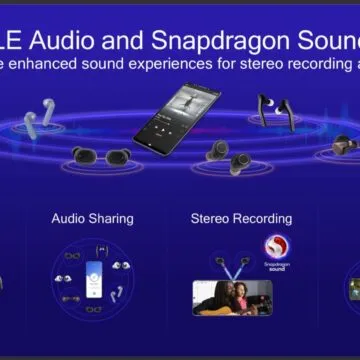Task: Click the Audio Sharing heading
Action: (93, 218)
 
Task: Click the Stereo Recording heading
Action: (240, 218)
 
